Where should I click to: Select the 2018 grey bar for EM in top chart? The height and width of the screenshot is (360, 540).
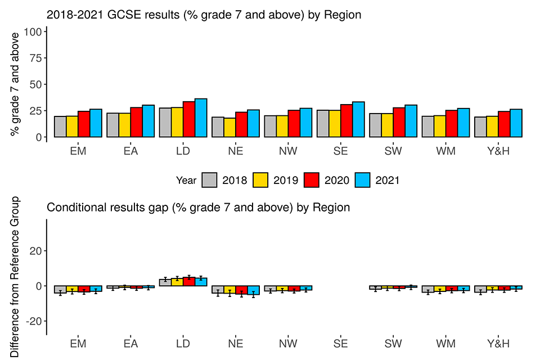point(60,127)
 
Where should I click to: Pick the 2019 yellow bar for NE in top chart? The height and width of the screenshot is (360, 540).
point(229,128)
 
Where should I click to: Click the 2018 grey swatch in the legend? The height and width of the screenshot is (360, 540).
point(209,180)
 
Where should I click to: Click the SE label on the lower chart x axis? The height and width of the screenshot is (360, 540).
point(340,344)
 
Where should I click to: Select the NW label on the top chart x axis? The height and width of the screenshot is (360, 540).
point(288,151)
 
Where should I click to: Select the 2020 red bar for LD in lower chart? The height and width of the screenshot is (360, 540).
point(189,282)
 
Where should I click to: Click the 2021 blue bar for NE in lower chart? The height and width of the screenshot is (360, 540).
point(253,290)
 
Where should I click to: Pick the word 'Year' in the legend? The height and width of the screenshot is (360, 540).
point(186,180)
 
